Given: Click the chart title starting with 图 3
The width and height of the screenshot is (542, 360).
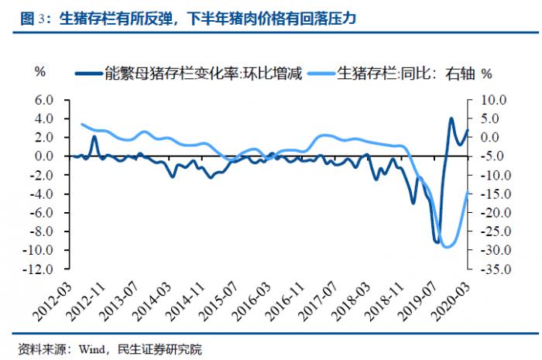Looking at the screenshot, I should point(186,15).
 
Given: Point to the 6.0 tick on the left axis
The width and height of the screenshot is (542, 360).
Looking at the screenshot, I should point(42,100).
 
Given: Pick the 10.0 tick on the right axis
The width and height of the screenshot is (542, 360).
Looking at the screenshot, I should point(493,100).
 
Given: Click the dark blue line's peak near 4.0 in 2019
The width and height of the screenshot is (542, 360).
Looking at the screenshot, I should point(451,118).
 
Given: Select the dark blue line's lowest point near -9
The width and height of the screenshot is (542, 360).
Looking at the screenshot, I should point(437,242).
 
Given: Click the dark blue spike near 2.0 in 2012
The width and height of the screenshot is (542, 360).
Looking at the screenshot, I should point(94,137).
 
